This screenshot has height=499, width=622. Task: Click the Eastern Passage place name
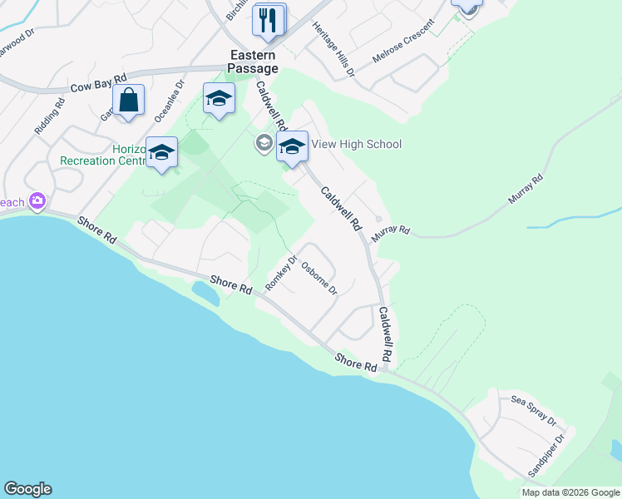click(254, 62)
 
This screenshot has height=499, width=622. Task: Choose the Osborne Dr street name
click(319, 279)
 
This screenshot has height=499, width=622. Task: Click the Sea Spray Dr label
click(533, 409)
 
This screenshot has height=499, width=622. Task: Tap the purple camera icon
click(37, 201)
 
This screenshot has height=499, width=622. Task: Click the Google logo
click(27, 489)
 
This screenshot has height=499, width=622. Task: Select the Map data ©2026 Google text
click(570, 492)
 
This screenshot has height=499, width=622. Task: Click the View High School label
click(356, 144)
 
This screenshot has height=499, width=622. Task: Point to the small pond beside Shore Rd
click(205, 293)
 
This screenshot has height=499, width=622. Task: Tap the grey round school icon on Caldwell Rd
click(264, 143)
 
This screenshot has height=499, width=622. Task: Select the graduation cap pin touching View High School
click(292, 147)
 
